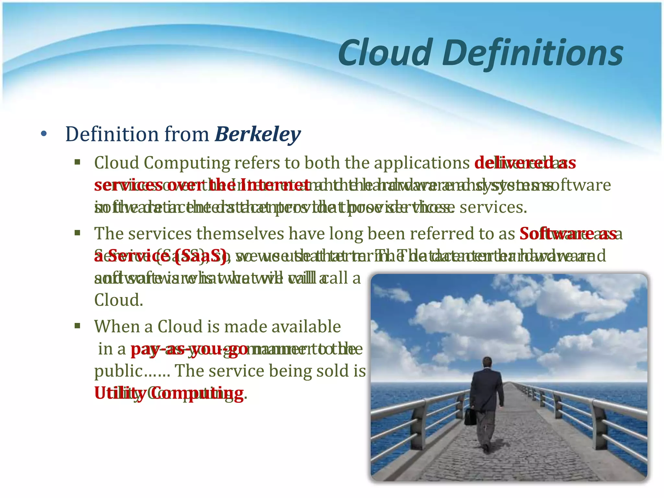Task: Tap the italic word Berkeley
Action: tap(258, 134)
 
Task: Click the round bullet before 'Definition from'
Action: tap(44, 134)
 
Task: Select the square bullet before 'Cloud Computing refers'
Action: tap(77, 162)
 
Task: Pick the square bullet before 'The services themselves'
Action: tap(77, 232)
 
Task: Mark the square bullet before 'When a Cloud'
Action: tap(77, 326)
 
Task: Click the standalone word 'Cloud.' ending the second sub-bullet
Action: tap(119, 300)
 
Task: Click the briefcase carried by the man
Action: tap(470, 417)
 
